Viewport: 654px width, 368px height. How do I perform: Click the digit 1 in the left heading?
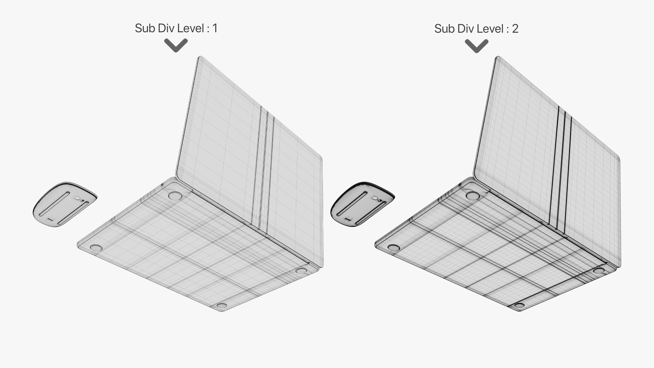[x=215, y=28]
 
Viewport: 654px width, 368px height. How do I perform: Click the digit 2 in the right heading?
[x=515, y=29]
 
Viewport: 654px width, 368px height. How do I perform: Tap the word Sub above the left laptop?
[x=145, y=28]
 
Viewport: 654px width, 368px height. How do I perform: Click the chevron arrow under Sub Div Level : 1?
[x=176, y=45]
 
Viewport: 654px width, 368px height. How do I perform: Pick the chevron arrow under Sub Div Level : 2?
[x=477, y=46]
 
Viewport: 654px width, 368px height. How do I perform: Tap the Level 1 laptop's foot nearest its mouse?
[x=175, y=196]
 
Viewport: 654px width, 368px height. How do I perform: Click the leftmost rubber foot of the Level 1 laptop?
[x=96, y=248]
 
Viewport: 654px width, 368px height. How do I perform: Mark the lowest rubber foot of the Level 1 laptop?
[x=222, y=305]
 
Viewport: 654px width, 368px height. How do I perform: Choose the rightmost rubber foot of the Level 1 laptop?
[x=301, y=271]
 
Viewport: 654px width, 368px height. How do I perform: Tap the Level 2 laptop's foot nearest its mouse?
[x=473, y=196]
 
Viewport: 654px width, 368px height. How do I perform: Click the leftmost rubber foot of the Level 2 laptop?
[x=394, y=248]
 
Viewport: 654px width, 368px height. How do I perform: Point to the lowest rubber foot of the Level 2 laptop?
[x=519, y=305]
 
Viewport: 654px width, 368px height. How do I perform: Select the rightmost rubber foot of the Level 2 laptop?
[x=599, y=271]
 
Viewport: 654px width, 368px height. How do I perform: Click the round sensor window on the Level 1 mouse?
[x=77, y=198]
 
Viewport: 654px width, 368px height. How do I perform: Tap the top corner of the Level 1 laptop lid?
[x=200, y=57]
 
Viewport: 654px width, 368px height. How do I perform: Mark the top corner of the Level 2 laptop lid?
[x=498, y=57]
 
